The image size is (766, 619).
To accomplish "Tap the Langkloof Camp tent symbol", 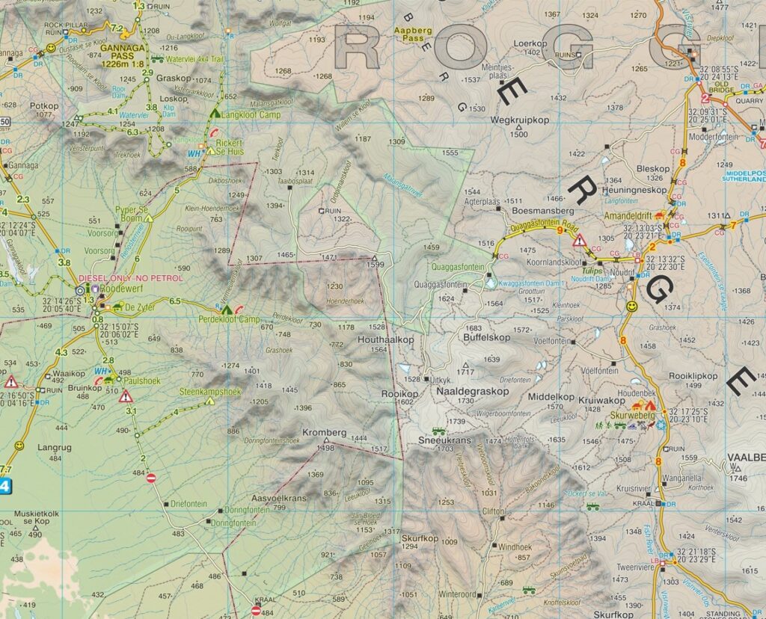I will click(x=215, y=114).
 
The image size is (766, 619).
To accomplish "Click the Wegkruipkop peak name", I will click(x=519, y=120).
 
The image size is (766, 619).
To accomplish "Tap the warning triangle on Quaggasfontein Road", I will click(x=578, y=240).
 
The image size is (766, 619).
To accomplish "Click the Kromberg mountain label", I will click(x=324, y=432).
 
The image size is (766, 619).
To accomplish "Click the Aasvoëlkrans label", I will click(x=279, y=499).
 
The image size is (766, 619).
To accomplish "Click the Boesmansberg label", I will click(x=537, y=211).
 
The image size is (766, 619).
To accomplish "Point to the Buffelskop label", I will click(x=486, y=337).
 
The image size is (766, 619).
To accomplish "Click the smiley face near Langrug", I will click(x=19, y=446).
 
